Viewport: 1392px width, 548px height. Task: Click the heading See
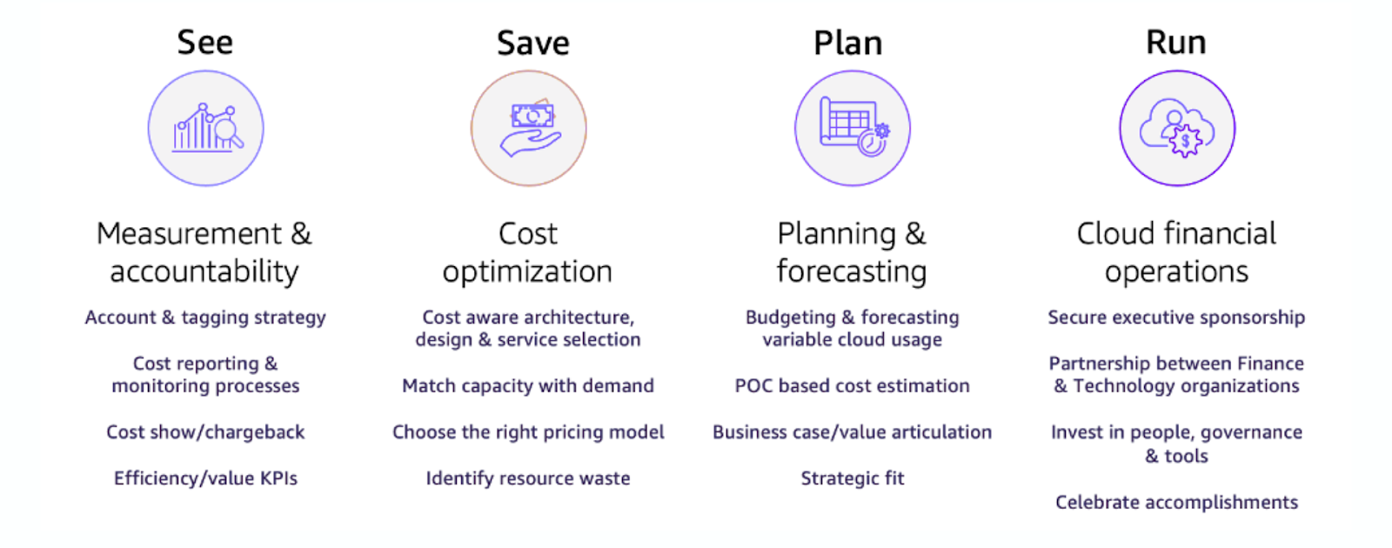click(x=205, y=43)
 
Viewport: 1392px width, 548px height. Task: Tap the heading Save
click(x=532, y=43)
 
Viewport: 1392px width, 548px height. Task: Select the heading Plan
click(x=847, y=43)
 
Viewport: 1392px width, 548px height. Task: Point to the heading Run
click(x=1175, y=43)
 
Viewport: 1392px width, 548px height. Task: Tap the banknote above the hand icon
click(x=532, y=115)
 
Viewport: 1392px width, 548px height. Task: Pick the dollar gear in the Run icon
click(x=1186, y=141)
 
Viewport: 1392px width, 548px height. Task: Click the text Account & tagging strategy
click(x=205, y=317)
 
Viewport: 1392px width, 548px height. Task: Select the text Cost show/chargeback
click(x=205, y=431)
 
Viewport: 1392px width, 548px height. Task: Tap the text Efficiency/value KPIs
click(x=205, y=478)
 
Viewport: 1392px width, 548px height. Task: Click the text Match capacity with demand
click(x=527, y=386)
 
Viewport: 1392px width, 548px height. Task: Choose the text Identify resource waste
click(x=527, y=478)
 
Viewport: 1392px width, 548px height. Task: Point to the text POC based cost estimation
click(x=852, y=386)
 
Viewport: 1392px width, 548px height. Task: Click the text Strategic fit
click(x=852, y=478)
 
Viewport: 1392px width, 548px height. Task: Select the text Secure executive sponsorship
click(x=1176, y=317)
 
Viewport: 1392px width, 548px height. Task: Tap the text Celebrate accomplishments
click(x=1176, y=502)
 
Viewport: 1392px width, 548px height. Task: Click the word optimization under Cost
click(x=527, y=271)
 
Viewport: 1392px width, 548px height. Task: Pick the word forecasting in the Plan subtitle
click(x=852, y=271)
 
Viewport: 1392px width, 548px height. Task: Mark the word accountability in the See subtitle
click(x=204, y=271)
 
